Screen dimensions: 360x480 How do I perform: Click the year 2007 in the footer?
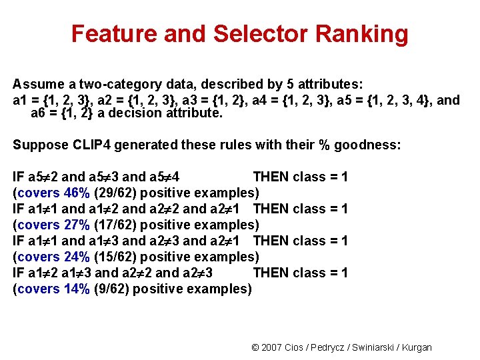click(272, 347)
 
